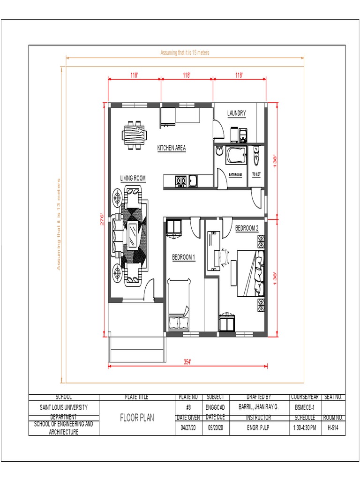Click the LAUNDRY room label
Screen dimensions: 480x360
[237, 113]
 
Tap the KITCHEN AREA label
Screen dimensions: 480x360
[171, 148]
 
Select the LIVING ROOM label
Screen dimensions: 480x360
[133, 178]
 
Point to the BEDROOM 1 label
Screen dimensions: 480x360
[183, 257]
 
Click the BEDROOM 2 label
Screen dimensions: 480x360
[247, 228]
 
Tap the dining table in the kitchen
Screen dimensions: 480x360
[133, 135]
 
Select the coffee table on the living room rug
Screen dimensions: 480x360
[133, 233]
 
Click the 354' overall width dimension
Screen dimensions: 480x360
[187, 361]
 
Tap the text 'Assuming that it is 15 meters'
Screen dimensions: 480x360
[185, 53]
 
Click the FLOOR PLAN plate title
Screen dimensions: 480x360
[137, 417]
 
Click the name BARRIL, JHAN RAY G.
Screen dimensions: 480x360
[258, 407]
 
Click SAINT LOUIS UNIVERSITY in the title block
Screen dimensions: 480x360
[64, 407]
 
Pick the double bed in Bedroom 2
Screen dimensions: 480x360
[250, 273]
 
